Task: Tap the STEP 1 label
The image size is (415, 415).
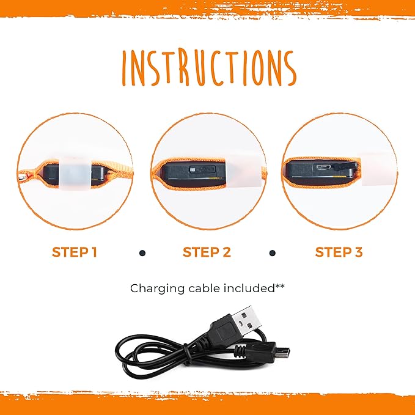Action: [x=75, y=252]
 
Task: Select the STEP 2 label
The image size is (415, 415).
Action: [x=207, y=252]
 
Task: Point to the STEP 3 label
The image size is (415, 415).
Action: [x=339, y=252]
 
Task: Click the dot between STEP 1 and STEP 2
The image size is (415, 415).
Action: [x=142, y=253]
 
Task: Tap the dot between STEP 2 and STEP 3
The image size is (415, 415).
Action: [x=273, y=253]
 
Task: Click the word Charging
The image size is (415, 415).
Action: [x=158, y=288]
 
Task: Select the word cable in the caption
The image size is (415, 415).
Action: [x=205, y=288]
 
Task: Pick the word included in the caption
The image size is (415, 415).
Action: [x=249, y=288]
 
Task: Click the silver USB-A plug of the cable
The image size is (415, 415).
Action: [x=246, y=320]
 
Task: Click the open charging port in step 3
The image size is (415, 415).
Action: [x=323, y=167]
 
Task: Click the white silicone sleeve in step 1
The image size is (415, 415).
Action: [x=75, y=173]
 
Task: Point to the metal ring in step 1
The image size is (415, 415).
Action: [x=23, y=176]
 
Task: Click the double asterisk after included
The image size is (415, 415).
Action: [x=280, y=286]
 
